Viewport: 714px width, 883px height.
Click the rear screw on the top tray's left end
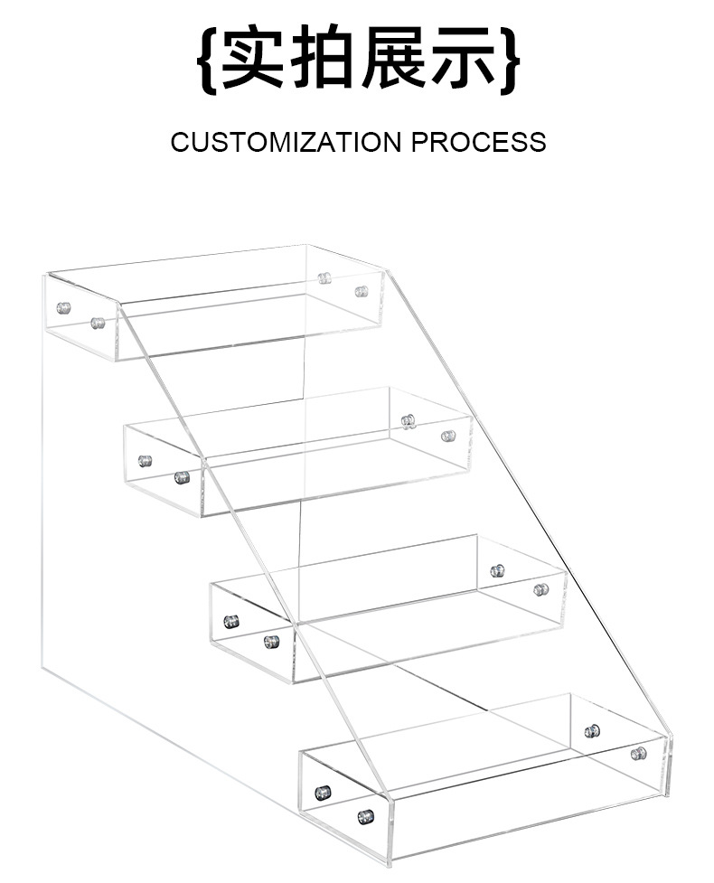tap(63, 307)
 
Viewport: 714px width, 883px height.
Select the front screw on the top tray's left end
tap(98, 323)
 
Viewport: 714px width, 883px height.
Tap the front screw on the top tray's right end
tap(362, 291)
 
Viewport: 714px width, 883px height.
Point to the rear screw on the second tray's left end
tap(145, 461)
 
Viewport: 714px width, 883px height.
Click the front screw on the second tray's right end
tap(448, 436)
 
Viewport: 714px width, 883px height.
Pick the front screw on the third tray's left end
tap(271, 642)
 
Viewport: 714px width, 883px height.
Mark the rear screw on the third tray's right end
tap(497, 570)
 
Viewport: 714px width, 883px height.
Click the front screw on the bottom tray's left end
tap(365, 816)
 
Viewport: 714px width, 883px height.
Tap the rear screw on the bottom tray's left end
tap(323, 793)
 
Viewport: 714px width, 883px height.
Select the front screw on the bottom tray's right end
tap(638, 753)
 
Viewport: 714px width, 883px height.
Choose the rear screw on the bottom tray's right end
tap(592, 730)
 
